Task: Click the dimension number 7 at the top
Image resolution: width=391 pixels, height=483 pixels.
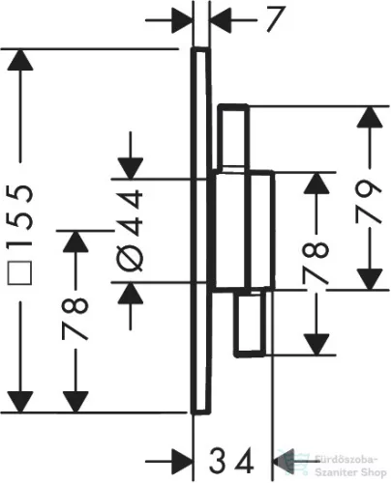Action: point(276,19)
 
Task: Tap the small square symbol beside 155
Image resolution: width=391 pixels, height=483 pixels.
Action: point(20,273)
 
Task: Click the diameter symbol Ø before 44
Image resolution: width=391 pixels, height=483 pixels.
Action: point(130,258)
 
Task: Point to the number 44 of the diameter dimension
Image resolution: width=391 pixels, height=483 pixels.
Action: point(130,213)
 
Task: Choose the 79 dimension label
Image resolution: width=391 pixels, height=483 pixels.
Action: point(369,202)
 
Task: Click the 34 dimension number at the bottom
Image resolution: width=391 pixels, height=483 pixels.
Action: point(231,462)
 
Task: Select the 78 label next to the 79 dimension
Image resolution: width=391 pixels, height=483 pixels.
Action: point(316,264)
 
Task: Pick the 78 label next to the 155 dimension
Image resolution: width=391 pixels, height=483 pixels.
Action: point(75,319)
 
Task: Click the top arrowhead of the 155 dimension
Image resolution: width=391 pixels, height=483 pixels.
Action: point(20,60)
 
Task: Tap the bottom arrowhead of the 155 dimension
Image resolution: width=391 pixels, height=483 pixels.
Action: point(20,402)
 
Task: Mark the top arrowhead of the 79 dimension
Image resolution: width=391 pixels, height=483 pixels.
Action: point(370,117)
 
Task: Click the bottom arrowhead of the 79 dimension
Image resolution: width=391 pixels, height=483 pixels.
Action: point(370,279)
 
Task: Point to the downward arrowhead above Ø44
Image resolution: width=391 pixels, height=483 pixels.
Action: point(131,168)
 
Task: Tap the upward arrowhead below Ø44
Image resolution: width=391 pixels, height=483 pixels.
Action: point(131,293)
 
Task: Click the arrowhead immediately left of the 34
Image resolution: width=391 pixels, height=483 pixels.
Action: point(182,461)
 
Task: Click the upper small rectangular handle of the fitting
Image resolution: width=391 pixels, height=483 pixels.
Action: point(233,136)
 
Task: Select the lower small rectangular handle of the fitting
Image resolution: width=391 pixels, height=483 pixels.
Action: point(251,323)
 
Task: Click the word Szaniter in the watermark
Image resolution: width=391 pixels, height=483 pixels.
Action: point(331,472)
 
